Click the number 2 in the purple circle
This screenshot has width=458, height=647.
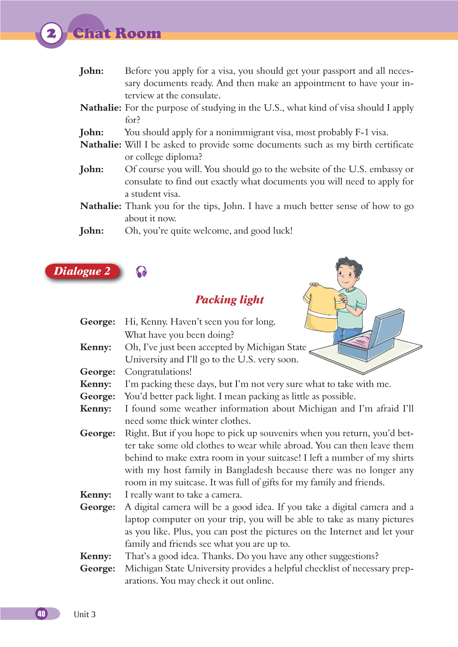click(x=51, y=34)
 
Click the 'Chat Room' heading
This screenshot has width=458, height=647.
click(x=117, y=33)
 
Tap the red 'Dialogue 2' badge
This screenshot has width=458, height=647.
click(x=82, y=271)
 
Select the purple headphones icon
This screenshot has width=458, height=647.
click(x=141, y=272)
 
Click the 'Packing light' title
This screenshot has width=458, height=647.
click(x=230, y=300)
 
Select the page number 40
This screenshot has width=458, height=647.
click(x=41, y=614)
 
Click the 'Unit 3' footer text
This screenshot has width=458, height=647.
click(x=85, y=614)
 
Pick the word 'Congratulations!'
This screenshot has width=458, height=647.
click(x=158, y=372)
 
